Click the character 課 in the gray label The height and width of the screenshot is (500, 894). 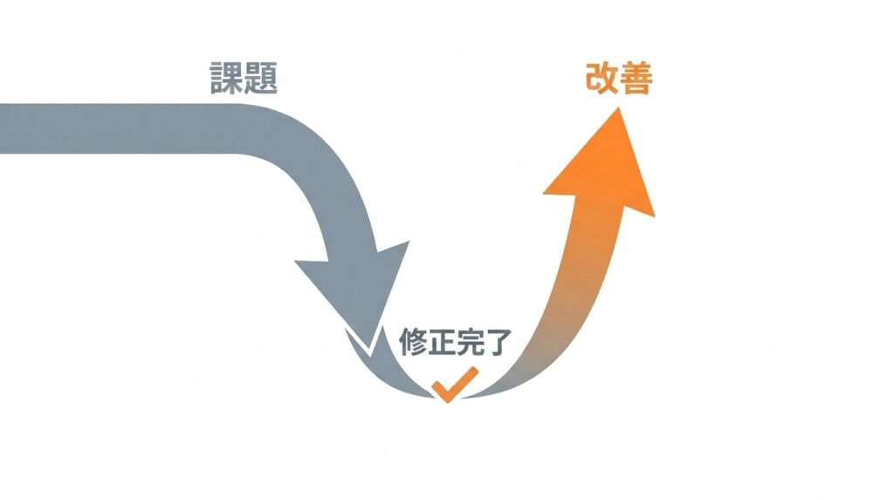tap(227, 78)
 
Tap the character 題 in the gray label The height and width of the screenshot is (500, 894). tap(260, 78)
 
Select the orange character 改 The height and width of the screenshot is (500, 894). tap(602, 78)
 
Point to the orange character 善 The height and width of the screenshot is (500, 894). tap(636, 78)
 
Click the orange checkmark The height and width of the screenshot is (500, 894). tap(454, 385)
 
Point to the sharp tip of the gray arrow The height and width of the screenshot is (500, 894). tap(371, 356)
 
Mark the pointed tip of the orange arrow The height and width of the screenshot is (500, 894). tap(617, 108)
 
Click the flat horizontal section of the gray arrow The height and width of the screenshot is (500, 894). tap(114, 128)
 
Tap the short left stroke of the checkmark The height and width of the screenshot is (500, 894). tap(440, 392)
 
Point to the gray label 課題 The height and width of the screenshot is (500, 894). tap(244, 78)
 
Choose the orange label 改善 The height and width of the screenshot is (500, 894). tap(619, 78)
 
